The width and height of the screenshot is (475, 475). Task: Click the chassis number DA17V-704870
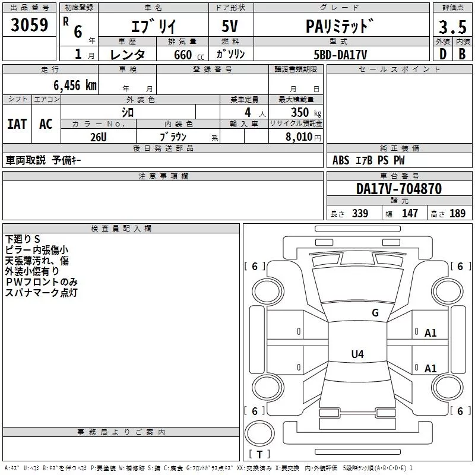399,189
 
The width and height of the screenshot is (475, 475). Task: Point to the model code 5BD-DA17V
340,55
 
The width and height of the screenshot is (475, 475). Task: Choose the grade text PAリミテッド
340,26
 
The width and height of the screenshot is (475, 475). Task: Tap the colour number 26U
98,137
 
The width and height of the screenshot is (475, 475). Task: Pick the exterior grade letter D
442,55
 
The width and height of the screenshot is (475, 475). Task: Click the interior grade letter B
462,55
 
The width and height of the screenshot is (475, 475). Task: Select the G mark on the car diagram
375,313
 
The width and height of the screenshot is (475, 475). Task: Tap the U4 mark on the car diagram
357,354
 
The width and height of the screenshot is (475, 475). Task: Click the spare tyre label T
259,455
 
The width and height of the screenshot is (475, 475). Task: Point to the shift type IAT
17,123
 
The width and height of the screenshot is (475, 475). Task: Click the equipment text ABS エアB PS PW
369,160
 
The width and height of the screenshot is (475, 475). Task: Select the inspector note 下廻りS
23,239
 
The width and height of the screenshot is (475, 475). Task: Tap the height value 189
457,214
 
